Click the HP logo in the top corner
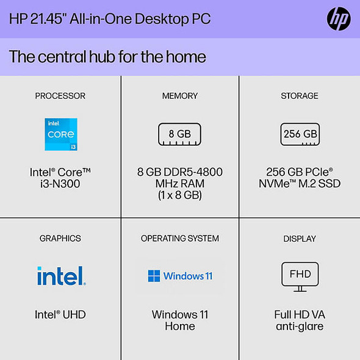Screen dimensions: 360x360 (x=339, y=19)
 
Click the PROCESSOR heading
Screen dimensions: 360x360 (x=60, y=96)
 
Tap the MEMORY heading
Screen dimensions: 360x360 (x=180, y=96)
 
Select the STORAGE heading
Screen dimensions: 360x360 (x=300, y=96)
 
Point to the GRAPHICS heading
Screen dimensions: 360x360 (x=60, y=238)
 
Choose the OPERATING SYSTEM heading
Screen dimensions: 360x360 (x=180, y=238)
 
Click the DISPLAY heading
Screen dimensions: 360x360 (x=300, y=238)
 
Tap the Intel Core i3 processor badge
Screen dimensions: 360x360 (x=60, y=134)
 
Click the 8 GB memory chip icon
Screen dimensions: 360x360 (x=180, y=134)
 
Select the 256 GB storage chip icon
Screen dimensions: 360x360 (x=300, y=134)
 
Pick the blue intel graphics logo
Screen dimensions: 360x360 (x=61, y=276)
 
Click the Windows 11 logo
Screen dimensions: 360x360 (x=180, y=276)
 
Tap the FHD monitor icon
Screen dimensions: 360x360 (x=300, y=276)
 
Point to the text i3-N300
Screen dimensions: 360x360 (x=60, y=184)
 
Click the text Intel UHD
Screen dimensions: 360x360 (x=60, y=315)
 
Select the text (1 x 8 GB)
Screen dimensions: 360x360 (x=180, y=195)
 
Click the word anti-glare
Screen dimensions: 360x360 (x=300, y=326)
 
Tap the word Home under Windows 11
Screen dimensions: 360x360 (x=180, y=326)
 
